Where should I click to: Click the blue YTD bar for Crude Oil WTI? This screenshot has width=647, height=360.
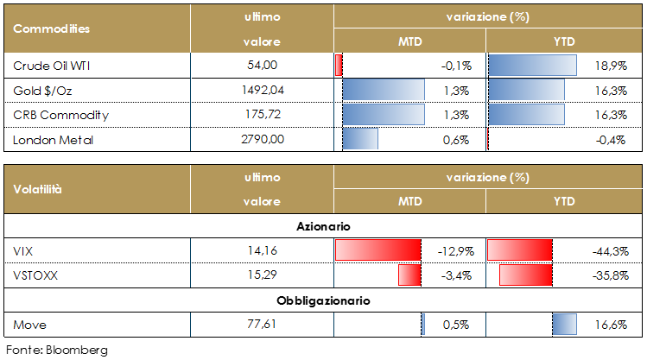point(532,66)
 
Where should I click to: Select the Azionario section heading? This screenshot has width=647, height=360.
point(323,226)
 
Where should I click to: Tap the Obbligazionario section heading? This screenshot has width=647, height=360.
point(323,301)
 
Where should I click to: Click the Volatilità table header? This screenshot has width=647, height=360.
point(38,189)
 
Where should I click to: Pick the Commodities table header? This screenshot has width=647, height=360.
point(51,28)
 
